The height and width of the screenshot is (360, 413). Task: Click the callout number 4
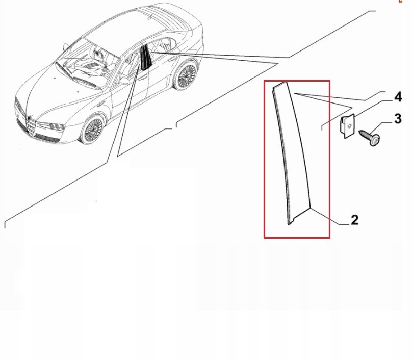(x=398, y=97)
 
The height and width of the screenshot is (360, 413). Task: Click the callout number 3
(x=398, y=119)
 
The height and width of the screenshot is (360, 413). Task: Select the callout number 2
(x=355, y=220)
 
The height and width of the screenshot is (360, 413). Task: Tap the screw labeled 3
(x=370, y=136)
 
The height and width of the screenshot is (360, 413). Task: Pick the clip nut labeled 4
(x=347, y=125)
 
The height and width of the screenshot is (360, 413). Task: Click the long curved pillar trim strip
(x=292, y=153)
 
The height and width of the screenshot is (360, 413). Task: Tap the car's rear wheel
(x=186, y=74)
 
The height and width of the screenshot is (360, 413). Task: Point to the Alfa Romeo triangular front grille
(x=31, y=126)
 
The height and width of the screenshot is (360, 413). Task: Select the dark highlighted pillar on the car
(x=145, y=58)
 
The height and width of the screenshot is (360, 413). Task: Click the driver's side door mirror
(x=124, y=81)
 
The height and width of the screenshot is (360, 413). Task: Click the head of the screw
(x=375, y=140)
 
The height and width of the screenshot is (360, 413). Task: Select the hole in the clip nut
(x=349, y=126)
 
